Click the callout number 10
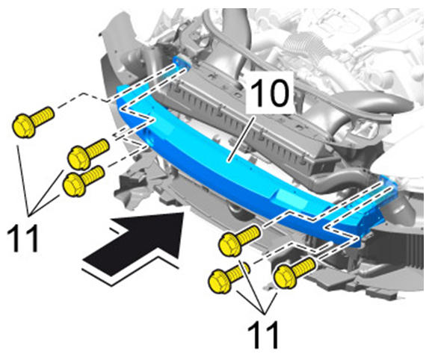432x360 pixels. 270,93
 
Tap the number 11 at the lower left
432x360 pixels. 22,238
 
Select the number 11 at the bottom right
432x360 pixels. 264,335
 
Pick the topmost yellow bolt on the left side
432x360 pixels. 33,122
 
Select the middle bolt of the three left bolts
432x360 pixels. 88,154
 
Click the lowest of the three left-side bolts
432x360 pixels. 83,181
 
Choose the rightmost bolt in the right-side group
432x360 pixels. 295,273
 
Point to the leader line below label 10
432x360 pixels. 241,139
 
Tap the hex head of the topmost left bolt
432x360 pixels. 24,126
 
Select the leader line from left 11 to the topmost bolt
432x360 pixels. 23,180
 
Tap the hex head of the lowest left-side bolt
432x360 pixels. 74,185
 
